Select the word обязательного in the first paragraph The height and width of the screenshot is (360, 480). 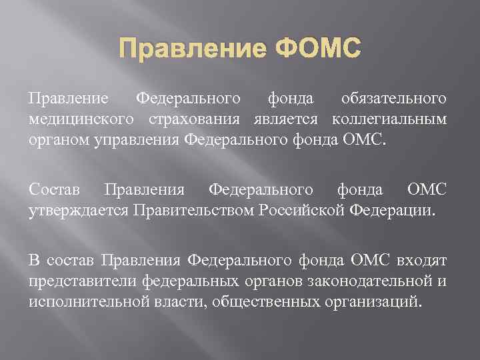tap(393, 99)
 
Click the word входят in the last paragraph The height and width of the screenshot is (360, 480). tap(424, 259)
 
